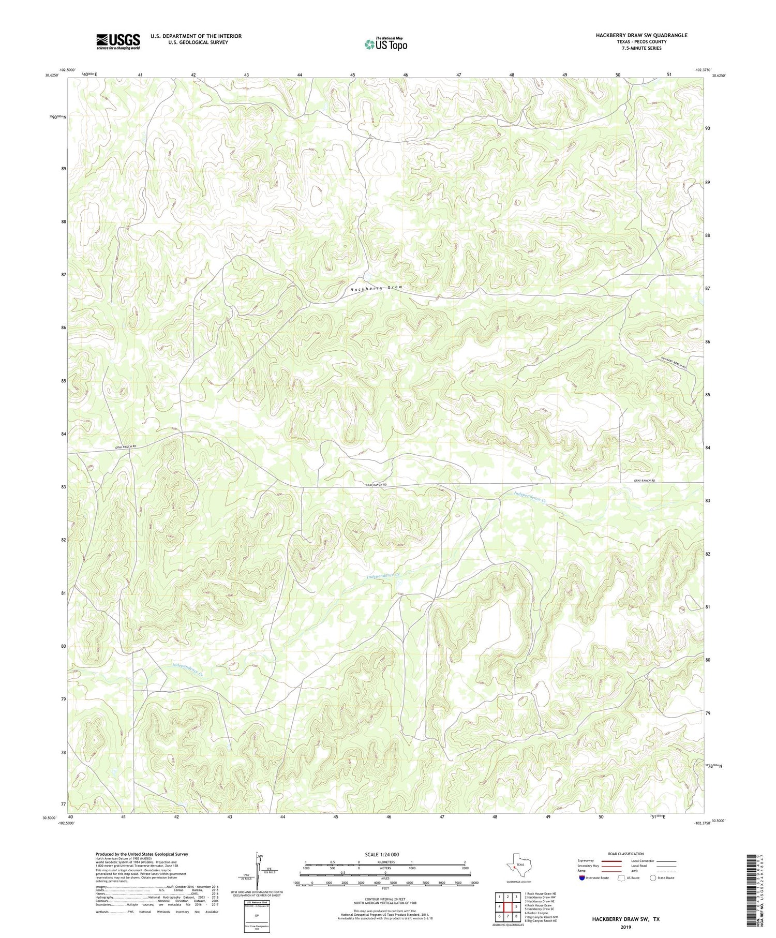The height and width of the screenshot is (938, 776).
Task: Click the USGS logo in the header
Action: [x=118, y=41]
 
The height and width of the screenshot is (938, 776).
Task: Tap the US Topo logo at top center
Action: [x=385, y=44]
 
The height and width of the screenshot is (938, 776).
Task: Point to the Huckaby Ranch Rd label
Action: [x=673, y=363]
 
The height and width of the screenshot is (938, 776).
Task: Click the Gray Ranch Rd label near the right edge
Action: [x=644, y=481]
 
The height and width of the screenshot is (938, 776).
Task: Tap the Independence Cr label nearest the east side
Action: [x=531, y=497]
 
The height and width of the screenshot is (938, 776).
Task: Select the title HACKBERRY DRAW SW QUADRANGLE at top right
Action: [x=641, y=35]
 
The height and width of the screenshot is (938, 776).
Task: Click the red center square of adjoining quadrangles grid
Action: [x=508, y=906]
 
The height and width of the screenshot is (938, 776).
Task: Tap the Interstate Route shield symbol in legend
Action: [x=582, y=877]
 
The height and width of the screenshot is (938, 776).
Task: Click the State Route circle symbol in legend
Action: [x=653, y=877]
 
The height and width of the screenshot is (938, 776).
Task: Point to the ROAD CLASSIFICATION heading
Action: [x=625, y=854]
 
